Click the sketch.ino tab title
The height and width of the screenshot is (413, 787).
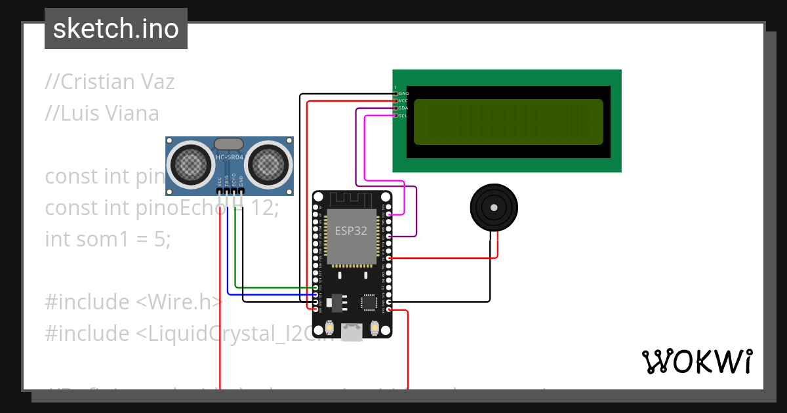116,29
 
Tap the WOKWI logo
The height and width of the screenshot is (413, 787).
696,361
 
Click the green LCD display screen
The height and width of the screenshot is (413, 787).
508,122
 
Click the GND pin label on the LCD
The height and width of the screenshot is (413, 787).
403,94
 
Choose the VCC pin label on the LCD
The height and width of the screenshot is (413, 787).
403,101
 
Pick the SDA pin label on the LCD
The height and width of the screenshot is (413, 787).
403,108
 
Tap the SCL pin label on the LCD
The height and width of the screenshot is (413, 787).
403,115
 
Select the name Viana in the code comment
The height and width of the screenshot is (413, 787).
131,113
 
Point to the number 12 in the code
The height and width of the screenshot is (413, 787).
265,208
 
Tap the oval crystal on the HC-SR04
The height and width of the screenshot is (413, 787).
229,144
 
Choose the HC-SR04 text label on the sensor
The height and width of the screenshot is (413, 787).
229,157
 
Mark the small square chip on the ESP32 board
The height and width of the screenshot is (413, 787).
368,302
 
